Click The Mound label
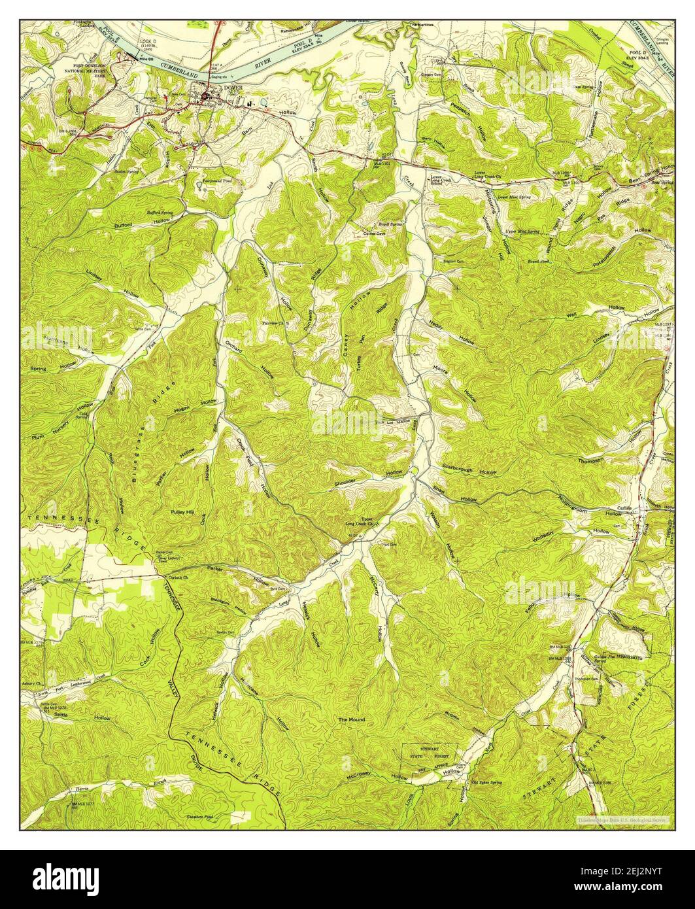tap(351, 719)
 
